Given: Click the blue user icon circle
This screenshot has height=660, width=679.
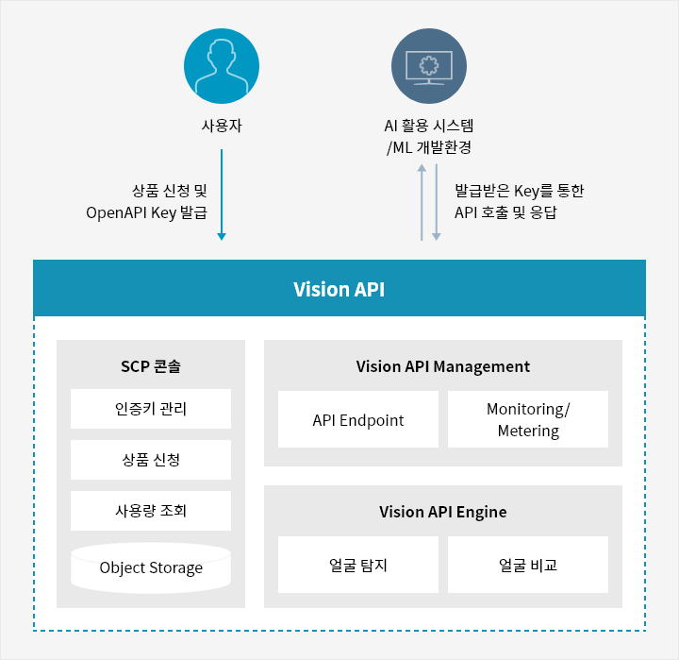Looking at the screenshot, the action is pos(222,66).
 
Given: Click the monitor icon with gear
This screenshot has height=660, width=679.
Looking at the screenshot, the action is pos(429,66).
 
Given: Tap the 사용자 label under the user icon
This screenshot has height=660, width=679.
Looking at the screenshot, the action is pos(222,126).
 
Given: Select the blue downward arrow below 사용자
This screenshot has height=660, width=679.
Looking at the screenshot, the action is pos(222,195).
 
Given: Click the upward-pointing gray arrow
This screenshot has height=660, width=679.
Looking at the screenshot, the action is pos(422,202).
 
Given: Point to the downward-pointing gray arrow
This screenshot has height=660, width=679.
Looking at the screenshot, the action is pos(437,202).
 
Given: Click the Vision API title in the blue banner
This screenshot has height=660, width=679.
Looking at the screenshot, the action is pos(339,289).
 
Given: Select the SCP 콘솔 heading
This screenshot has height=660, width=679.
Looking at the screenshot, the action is pos(151,366).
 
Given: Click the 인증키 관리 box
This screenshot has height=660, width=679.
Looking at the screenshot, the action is pos(151,409).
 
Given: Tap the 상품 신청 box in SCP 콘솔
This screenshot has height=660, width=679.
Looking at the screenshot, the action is pos(151,460).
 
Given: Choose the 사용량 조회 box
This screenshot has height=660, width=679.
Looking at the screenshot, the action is pos(151,511).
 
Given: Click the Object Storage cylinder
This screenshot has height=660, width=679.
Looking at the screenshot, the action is pos(151,567).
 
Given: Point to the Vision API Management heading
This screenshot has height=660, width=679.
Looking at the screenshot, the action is pos(443,366).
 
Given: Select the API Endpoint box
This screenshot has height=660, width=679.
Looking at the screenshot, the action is pos(358,419).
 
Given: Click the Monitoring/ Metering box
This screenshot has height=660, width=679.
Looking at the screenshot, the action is pos(528,419).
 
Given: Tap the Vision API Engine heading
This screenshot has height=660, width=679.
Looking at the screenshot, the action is pos(443,512).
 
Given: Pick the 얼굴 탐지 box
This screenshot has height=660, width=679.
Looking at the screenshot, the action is pos(358,565).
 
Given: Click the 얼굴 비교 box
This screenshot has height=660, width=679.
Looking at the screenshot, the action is pos(528,565).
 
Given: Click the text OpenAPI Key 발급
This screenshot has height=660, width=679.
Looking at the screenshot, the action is pos(147,212).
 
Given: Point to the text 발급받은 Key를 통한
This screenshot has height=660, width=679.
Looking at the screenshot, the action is pos(520,191).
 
